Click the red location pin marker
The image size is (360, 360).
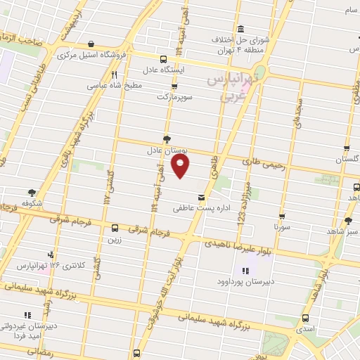181,167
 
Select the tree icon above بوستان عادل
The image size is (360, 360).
166,139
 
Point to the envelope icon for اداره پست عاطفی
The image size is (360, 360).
202,197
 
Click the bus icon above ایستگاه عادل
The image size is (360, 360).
163,59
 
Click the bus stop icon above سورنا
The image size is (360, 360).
282,217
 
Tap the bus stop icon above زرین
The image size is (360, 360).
115,227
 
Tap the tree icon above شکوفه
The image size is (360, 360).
31,192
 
